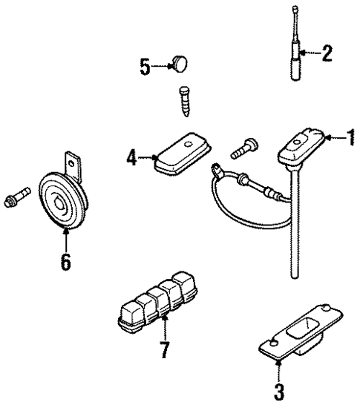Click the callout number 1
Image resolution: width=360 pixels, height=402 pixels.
pos(349,137)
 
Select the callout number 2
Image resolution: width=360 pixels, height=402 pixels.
pos(327,53)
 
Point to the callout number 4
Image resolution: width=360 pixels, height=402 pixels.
pos(131,158)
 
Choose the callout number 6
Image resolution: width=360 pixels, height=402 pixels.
pos(66,261)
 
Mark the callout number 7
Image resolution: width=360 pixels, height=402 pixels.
pos(164,348)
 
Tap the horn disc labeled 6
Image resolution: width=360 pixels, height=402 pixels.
pos(62,200)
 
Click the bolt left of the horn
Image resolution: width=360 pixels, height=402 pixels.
pos(18,197)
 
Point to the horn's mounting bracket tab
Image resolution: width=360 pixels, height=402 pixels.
pos(73,162)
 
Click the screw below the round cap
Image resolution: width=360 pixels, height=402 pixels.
pos(184,98)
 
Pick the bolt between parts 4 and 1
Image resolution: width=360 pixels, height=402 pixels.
pos(241,148)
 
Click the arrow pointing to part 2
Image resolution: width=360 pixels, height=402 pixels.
pos(310,53)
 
